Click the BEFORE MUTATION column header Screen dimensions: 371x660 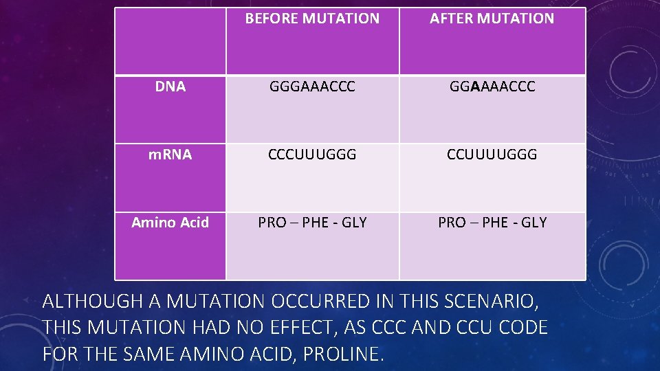coord(312,19)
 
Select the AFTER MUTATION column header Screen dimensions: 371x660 coord(492,19)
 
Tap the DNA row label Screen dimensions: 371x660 coord(170,87)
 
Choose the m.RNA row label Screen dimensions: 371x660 coord(170,155)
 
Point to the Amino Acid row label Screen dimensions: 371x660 coord(170,223)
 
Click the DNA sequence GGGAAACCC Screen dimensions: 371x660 coord(312,87)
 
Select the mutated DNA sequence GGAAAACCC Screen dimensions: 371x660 coord(492,87)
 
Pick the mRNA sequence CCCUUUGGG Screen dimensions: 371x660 coord(312,155)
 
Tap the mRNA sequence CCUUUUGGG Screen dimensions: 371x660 coord(492,155)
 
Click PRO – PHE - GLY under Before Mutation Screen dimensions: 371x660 coord(312,223)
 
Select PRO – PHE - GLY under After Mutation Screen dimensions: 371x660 coord(492,223)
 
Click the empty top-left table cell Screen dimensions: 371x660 coord(170,41)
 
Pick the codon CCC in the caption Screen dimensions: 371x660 coord(388,328)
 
